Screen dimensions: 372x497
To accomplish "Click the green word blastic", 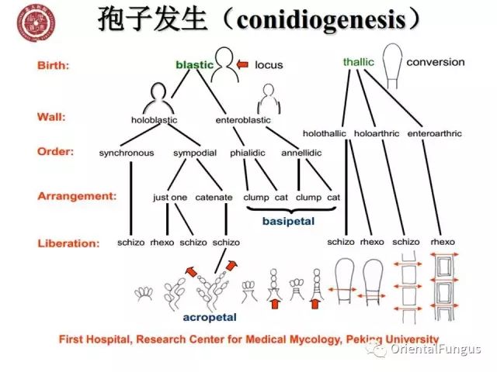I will (x=194, y=65).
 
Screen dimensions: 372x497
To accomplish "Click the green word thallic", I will (x=358, y=61).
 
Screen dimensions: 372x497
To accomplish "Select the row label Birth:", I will (x=53, y=65).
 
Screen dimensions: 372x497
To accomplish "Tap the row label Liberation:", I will (x=68, y=243).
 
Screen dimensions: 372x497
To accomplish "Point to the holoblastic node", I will (x=155, y=120).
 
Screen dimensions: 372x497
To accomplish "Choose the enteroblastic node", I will (x=243, y=120).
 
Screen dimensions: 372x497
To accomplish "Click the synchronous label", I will (x=127, y=153).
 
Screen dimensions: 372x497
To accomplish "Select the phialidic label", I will (x=248, y=153).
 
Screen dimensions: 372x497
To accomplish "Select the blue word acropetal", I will (x=210, y=317).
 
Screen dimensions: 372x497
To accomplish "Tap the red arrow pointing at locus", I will (x=243, y=64).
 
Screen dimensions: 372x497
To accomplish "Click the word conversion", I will (x=436, y=61).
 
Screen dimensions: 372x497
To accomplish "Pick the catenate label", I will (x=214, y=197).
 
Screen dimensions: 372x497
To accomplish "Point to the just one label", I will (x=170, y=197).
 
